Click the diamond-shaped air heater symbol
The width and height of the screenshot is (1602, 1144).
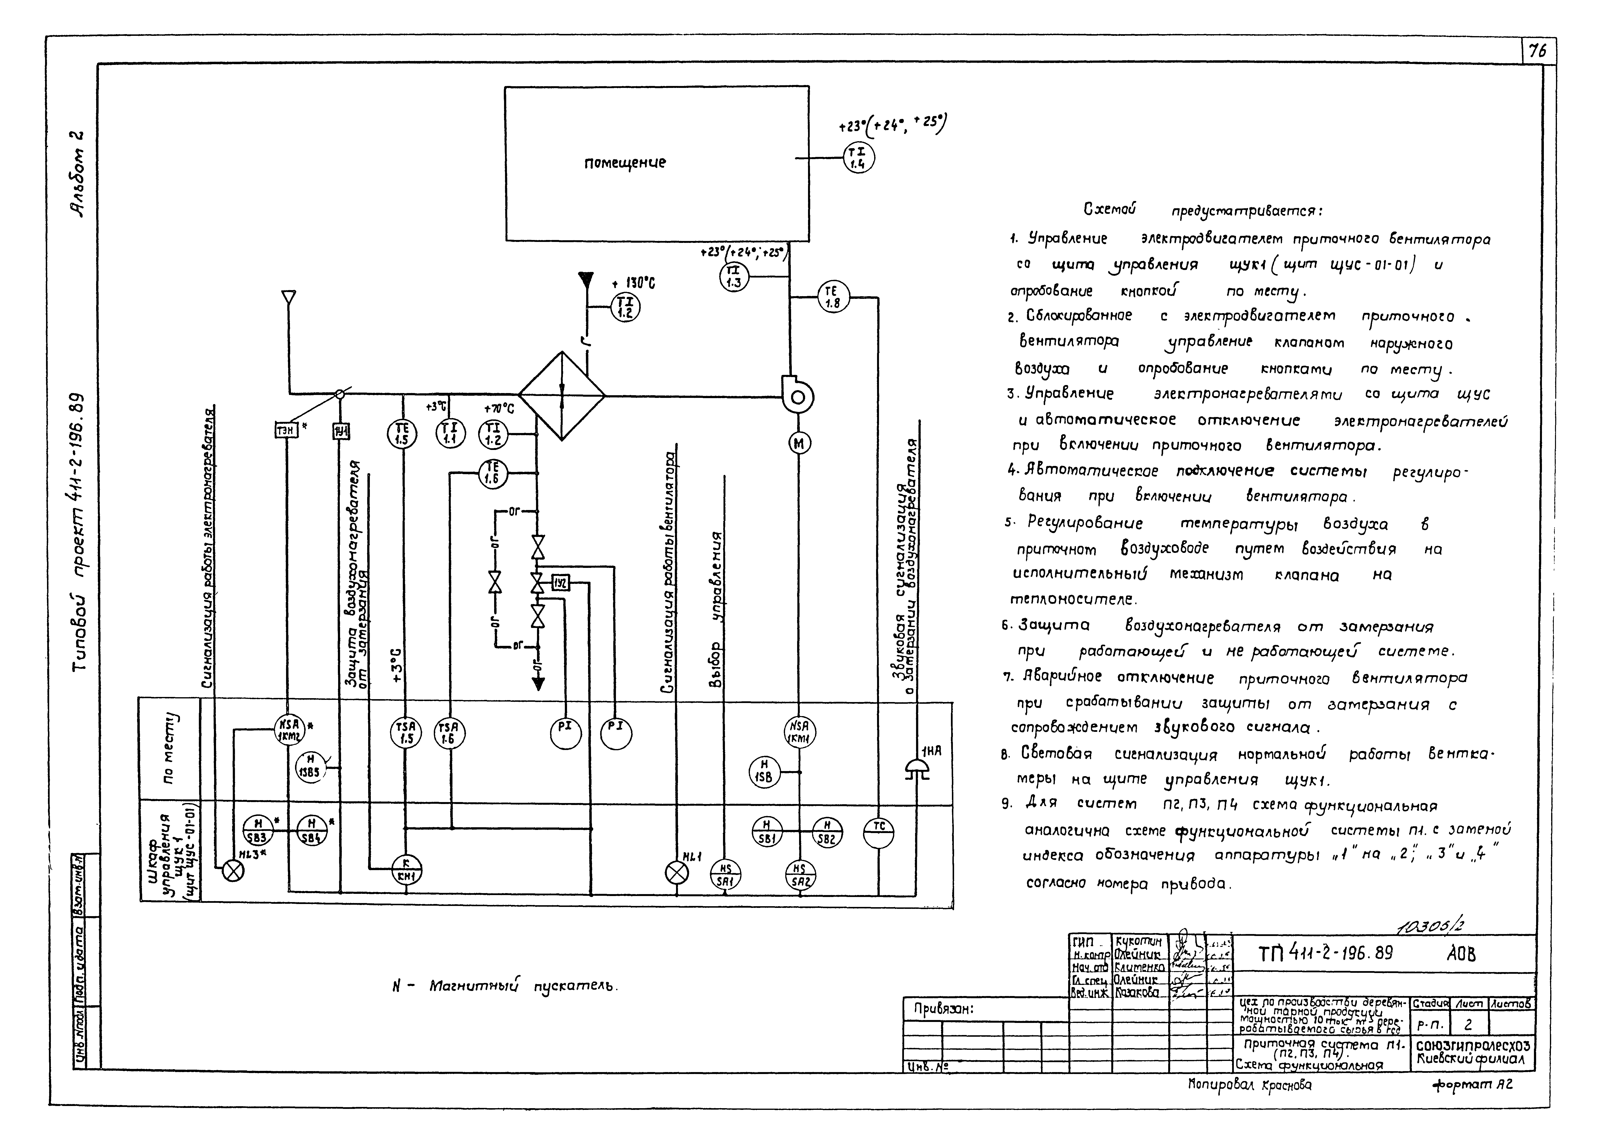pos(561,396)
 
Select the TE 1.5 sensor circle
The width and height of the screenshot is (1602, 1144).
pos(402,434)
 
